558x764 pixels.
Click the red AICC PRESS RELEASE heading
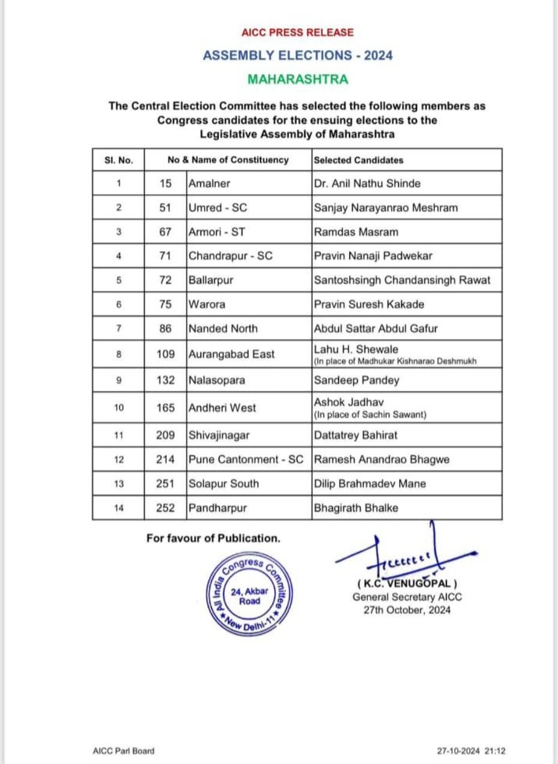297,33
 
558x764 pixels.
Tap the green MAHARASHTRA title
297,79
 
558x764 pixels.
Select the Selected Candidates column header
358,160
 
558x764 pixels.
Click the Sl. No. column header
118,160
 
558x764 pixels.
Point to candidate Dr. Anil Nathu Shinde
366,183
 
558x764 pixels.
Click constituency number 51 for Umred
164,207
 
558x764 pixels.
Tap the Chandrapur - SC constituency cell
231,255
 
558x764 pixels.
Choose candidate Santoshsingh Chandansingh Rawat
401,279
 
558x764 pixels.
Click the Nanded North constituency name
223,329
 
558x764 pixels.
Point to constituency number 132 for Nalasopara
164,380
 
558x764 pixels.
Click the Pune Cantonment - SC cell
249,460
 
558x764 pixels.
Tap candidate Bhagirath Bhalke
355,508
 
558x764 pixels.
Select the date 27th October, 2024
402,610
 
